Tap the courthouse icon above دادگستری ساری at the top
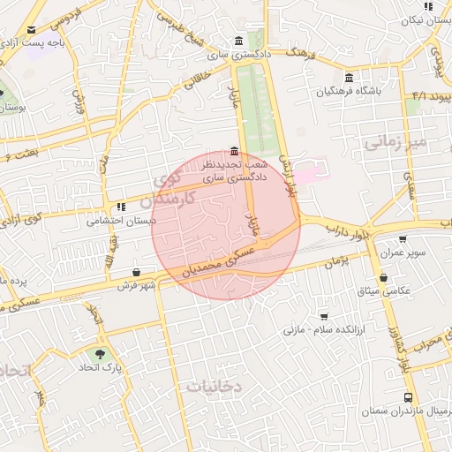coord(240,41)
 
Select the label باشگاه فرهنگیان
coord(351,92)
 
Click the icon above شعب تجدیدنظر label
coord(233,152)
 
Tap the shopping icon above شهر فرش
coord(135,273)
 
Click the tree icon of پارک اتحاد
coord(100,354)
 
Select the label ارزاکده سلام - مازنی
coord(313,329)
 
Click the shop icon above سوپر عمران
coord(403,239)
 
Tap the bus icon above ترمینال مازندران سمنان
coord(407,397)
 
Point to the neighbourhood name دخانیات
coord(214,386)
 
